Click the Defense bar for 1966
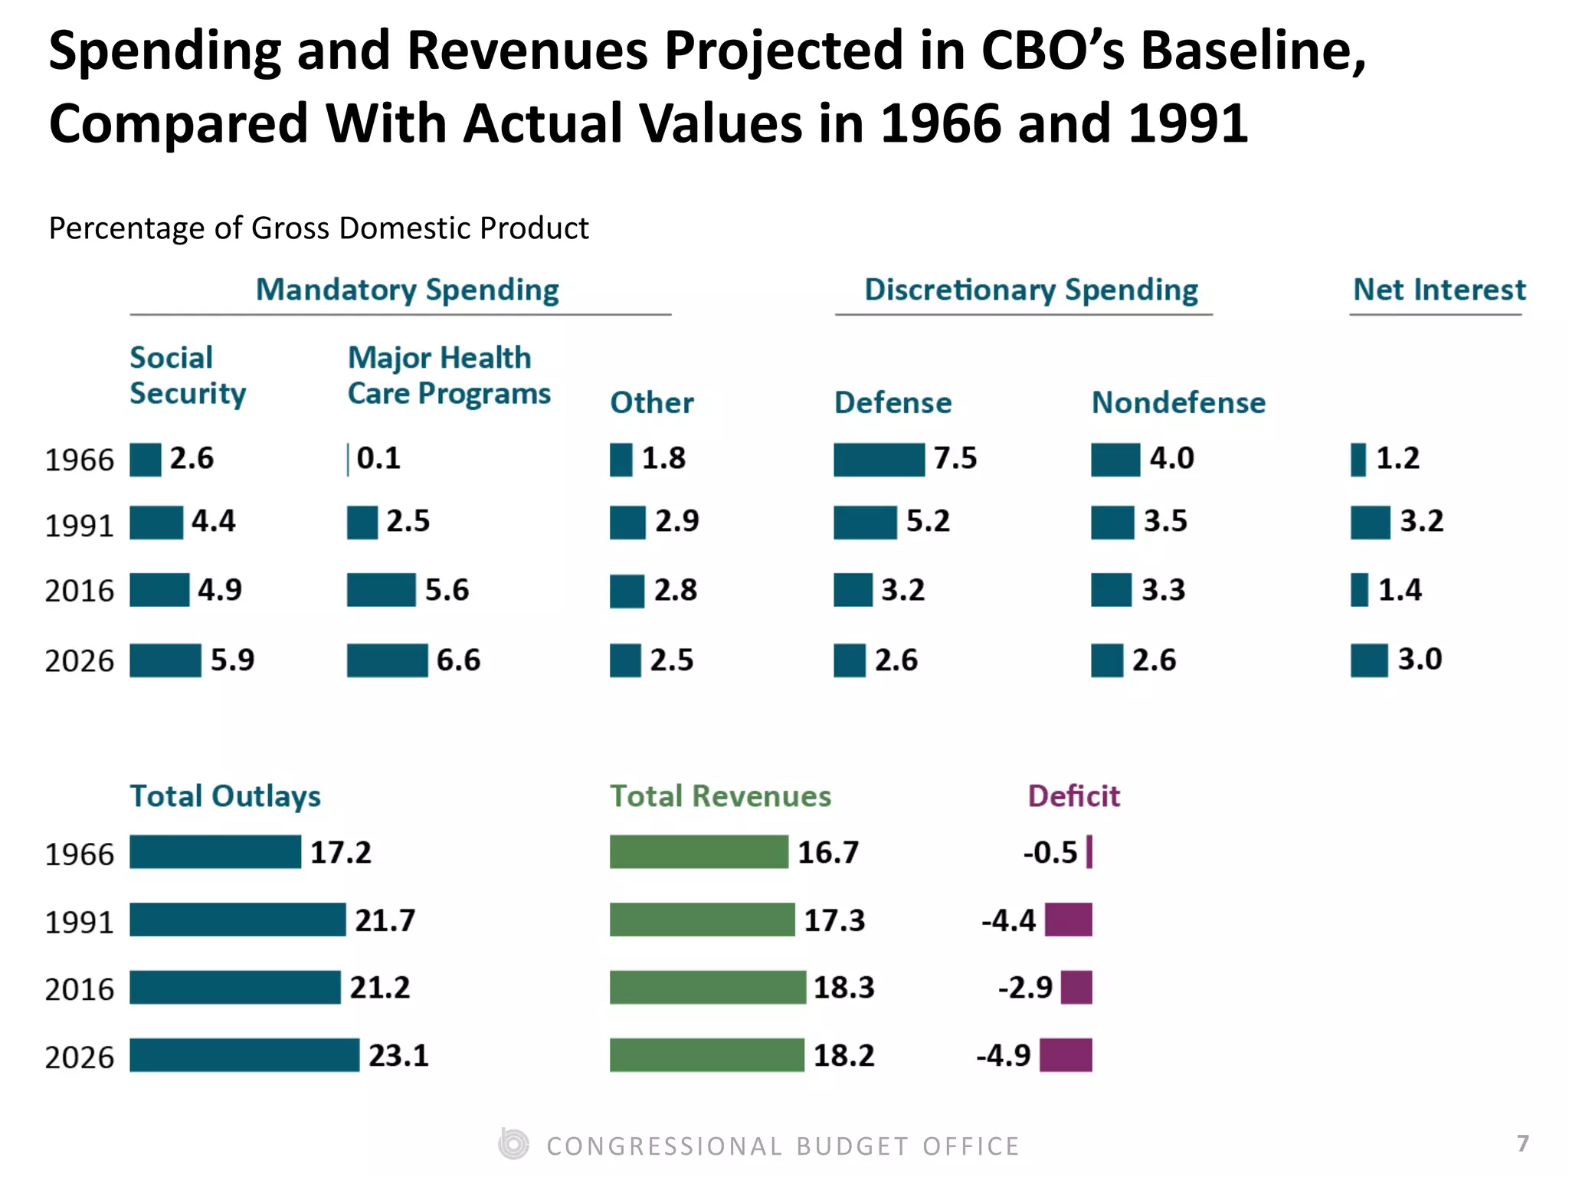[x=879, y=460]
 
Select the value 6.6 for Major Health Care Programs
[x=458, y=661]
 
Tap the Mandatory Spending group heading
[x=407, y=290]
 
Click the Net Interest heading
[x=1439, y=290]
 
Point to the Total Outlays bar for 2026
[x=244, y=1055]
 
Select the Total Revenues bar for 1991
[x=702, y=920]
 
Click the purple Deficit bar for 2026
[x=1065, y=1055]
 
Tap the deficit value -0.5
[x=1050, y=852]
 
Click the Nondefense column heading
[x=1178, y=402]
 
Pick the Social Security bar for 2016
[x=159, y=590]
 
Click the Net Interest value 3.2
[x=1421, y=522]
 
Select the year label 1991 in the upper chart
[x=79, y=526]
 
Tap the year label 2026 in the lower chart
[x=79, y=1057]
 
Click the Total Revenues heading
[x=720, y=796]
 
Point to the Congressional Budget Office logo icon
[x=513, y=1145]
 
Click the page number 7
[x=1522, y=1143]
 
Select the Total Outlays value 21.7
[x=385, y=920]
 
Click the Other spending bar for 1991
[x=627, y=523]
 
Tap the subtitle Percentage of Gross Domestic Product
[x=319, y=228]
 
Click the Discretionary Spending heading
[x=1030, y=290]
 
